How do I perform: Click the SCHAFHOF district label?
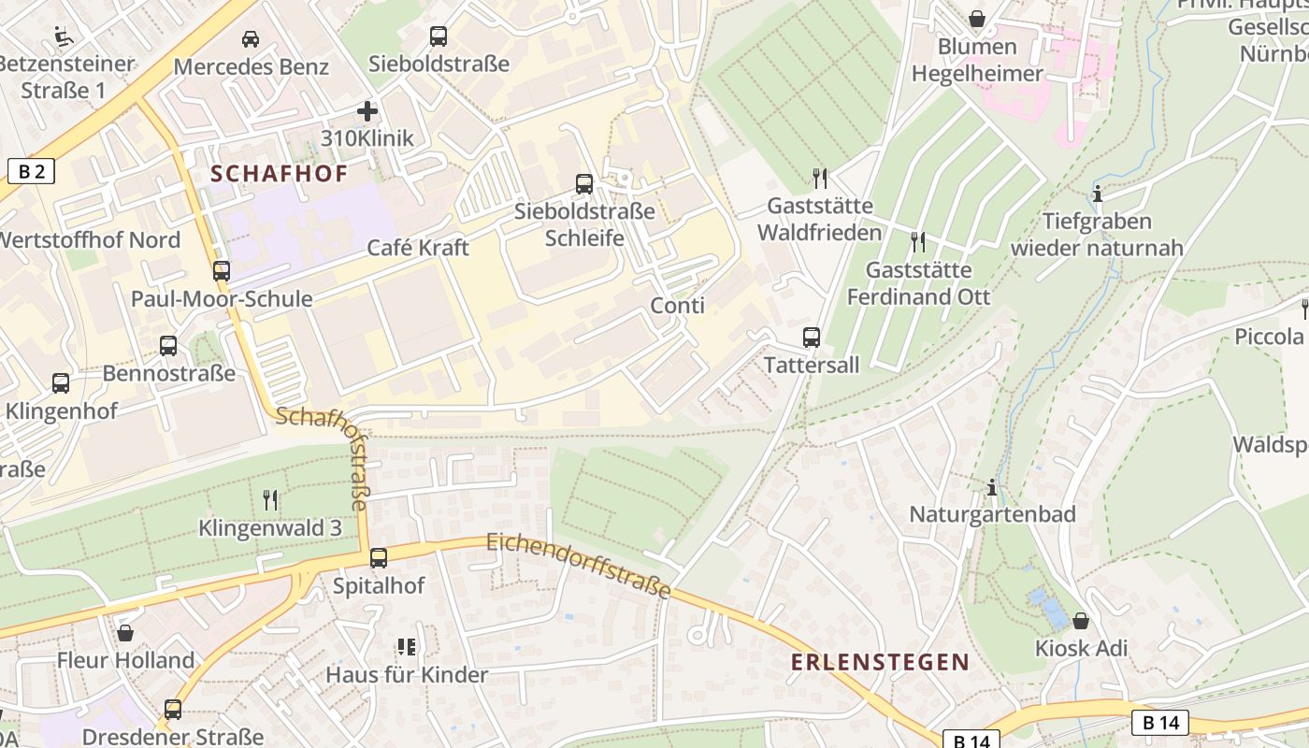click(x=279, y=174)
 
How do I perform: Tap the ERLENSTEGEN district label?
click(x=880, y=662)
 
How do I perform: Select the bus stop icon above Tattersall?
click(x=812, y=338)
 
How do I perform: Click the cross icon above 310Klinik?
click(x=367, y=111)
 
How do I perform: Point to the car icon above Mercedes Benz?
click(x=251, y=39)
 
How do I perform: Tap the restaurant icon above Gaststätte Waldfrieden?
click(x=820, y=178)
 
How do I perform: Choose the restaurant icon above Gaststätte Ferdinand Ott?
click(x=918, y=242)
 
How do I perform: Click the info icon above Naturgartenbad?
click(x=992, y=487)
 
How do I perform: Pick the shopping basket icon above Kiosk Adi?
click(x=1081, y=621)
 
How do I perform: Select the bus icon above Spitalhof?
click(x=379, y=558)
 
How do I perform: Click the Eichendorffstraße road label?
click(x=579, y=566)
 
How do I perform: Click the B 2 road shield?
click(x=31, y=171)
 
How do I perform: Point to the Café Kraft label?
click(x=418, y=248)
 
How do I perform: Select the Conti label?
click(x=677, y=306)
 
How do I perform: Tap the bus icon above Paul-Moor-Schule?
click(x=222, y=271)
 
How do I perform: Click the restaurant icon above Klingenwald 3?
click(x=270, y=500)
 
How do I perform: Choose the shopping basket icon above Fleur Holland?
click(x=125, y=633)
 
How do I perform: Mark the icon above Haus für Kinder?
click(x=406, y=647)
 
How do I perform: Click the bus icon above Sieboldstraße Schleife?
click(x=584, y=184)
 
